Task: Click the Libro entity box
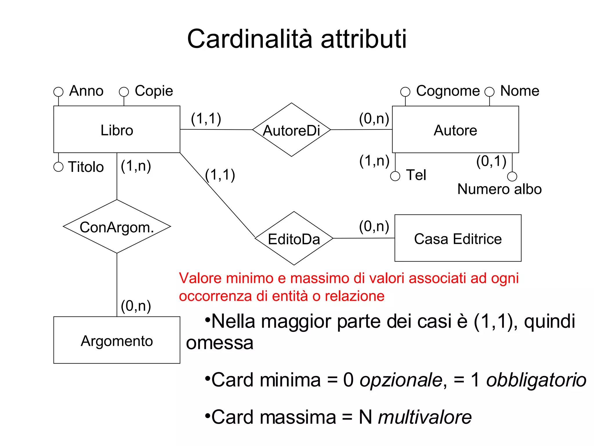117,130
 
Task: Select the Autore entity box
455,130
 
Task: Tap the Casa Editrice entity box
458,238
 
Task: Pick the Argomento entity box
117,340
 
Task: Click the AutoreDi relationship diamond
291,130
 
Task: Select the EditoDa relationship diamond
294,238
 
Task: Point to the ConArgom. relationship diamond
117,226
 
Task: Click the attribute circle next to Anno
58,92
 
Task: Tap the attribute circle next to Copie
124,92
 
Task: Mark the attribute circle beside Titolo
58,167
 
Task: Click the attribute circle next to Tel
395,176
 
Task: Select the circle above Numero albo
512,176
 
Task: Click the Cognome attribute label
448,91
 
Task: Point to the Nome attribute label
520,91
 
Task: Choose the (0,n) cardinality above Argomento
136,306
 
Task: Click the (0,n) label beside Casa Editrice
374,226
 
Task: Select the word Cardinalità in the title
250,39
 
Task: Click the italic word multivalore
425,417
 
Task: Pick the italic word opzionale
401,380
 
